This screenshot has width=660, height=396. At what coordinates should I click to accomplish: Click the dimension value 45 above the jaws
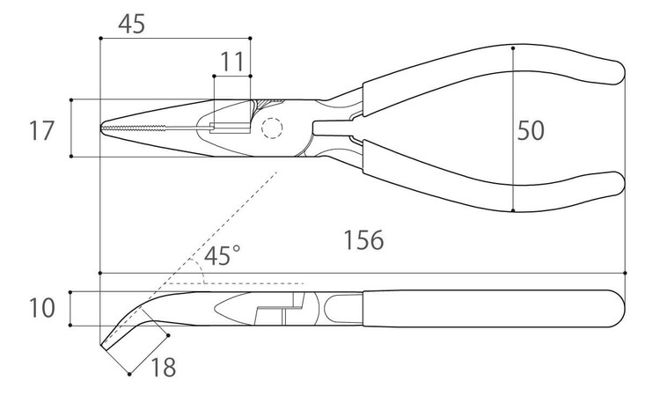click(x=131, y=24)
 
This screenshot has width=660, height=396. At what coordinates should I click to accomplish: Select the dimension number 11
click(x=232, y=62)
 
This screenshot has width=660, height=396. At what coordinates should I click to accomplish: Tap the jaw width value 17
click(x=41, y=131)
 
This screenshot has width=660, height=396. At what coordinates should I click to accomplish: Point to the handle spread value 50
click(x=530, y=130)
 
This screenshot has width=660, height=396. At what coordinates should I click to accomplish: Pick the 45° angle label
click(x=222, y=256)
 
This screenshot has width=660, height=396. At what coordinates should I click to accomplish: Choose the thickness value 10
click(x=41, y=308)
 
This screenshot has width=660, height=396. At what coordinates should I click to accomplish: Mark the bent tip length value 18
click(x=163, y=367)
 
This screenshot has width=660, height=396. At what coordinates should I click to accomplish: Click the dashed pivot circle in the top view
click(x=272, y=129)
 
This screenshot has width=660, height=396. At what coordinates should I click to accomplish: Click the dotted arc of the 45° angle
click(x=203, y=276)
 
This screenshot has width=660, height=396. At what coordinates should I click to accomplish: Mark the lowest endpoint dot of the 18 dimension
click(x=130, y=375)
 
